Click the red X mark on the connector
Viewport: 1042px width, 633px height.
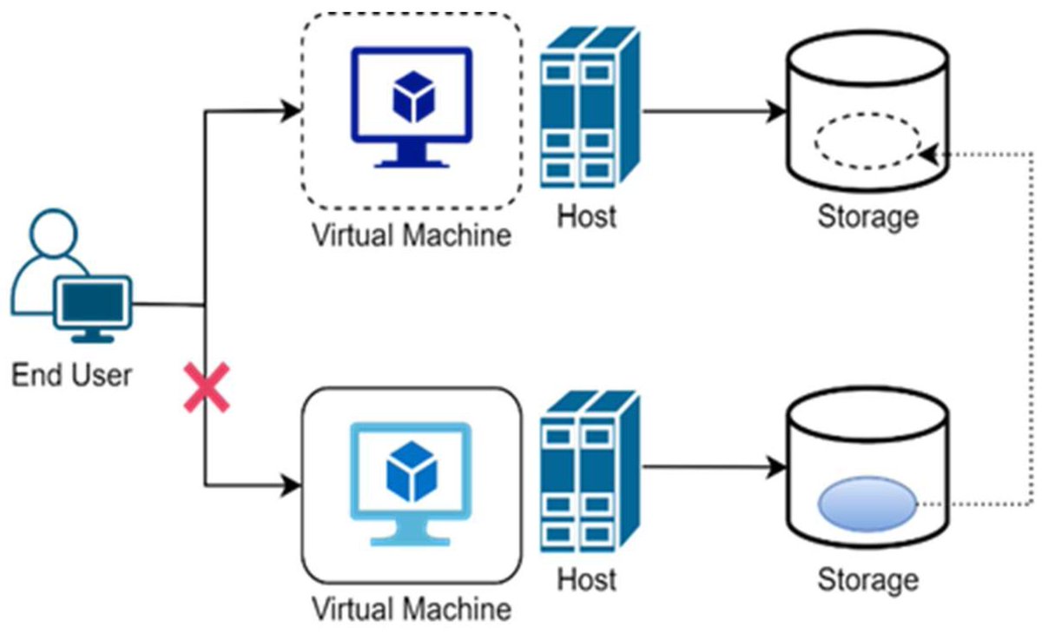(x=207, y=388)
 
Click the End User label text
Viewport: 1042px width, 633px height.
(x=71, y=375)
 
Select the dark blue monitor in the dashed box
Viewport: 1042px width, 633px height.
(x=411, y=105)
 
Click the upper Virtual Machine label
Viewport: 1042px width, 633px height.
(x=411, y=234)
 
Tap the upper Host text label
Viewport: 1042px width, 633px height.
(x=587, y=215)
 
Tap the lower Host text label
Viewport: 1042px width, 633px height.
(x=587, y=579)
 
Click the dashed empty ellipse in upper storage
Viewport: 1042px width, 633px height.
(x=867, y=142)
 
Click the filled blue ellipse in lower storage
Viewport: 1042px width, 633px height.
(x=867, y=505)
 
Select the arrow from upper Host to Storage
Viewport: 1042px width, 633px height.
(x=712, y=112)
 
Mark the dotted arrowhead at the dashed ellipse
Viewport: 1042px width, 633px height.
(x=927, y=153)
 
